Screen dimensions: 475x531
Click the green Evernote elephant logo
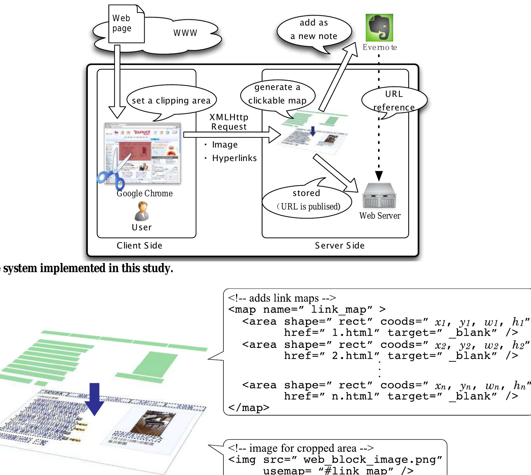point(379,28)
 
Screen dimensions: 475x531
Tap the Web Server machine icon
point(379,196)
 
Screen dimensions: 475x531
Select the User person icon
point(142,211)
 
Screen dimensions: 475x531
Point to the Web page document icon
point(126,24)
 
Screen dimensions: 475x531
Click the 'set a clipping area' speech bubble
point(171,101)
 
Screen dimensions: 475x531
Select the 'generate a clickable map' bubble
point(277,94)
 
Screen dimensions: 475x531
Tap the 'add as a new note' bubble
point(314,30)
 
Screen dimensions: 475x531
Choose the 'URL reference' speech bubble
point(394,100)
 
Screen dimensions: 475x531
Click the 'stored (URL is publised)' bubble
point(307,200)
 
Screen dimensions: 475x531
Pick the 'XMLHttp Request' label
point(229,122)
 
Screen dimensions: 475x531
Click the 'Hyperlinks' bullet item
point(234,158)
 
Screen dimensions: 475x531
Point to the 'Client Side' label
point(139,246)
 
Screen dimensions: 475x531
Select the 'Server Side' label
point(340,246)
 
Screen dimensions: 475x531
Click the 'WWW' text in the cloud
point(185,33)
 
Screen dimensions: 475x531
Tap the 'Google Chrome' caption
point(144,193)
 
